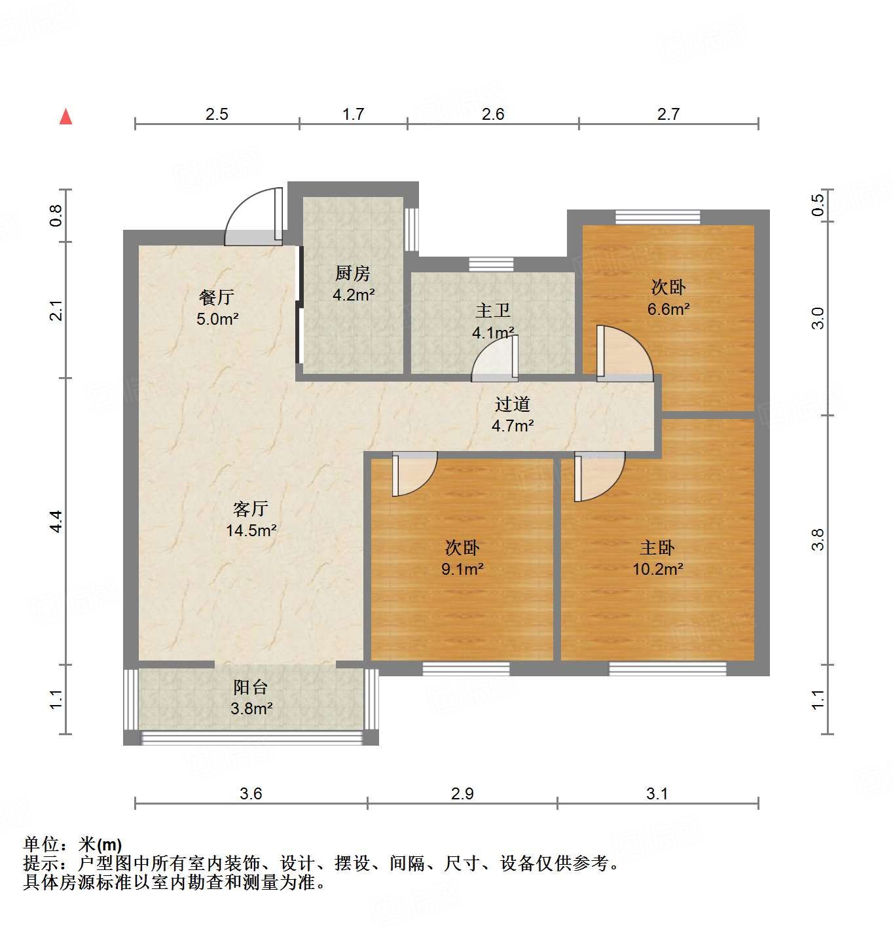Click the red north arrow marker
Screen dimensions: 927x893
point(65,117)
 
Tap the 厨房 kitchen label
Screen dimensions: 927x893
point(353,273)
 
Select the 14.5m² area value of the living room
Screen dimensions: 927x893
point(251,530)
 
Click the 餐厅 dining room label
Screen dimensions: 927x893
point(217,297)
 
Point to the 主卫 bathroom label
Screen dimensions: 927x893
point(492,310)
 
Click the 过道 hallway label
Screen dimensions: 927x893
point(512,404)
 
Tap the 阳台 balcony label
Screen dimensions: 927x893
point(251,687)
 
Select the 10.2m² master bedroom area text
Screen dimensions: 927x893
point(657,569)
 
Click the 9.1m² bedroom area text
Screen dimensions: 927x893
point(462,569)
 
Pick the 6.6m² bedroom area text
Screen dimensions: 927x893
point(668,309)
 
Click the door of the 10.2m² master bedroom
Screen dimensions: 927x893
point(597,476)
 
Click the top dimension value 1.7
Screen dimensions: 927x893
point(353,114)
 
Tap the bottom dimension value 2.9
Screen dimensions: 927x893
point(462,793)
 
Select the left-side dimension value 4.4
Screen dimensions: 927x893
point(56,521)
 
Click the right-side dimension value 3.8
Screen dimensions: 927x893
point(818,539)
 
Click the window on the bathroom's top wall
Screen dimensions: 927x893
point(491,264)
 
